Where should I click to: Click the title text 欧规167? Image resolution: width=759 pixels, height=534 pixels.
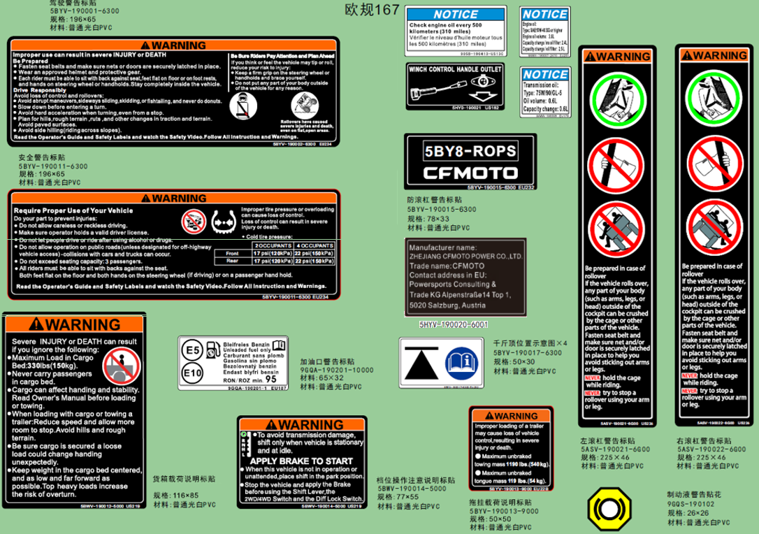coord(372,10)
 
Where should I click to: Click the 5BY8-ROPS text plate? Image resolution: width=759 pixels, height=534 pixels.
coord(470,151)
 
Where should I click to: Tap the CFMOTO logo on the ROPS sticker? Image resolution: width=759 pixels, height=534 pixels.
coord(470,173)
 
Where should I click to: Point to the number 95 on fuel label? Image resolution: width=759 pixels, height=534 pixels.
coord(270,380)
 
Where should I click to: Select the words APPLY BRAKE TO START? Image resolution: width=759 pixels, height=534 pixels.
coord(301,461)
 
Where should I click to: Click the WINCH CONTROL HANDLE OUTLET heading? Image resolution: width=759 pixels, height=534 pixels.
coord(455,70)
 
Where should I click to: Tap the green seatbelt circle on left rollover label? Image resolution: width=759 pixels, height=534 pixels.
coord(616,99)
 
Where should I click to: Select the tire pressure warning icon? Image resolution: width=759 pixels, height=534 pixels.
coord(221,222)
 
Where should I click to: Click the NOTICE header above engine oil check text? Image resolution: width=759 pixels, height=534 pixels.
coord(456,15)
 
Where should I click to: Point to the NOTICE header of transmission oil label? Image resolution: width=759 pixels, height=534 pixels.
coord(545,74)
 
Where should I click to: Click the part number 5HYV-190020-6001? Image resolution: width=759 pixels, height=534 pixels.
coord(454,325)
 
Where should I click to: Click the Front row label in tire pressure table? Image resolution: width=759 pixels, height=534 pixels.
coord(233,253)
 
